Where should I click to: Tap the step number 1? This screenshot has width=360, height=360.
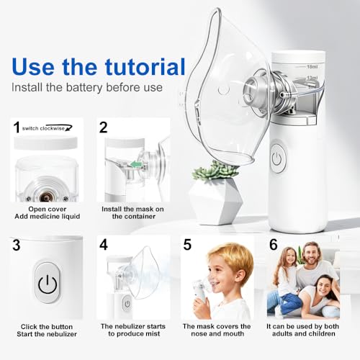(16, 128)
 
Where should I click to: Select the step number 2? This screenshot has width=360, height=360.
(103, 128)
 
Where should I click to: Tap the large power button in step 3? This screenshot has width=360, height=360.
(48, 284)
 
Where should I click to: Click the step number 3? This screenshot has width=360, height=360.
(17, 244)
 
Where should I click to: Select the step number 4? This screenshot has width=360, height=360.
(103, 244)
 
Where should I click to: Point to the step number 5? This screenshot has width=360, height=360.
(187, 244)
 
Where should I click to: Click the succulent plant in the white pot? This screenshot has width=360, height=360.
(217, 172)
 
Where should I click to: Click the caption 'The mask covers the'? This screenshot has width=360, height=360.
(220, 326)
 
